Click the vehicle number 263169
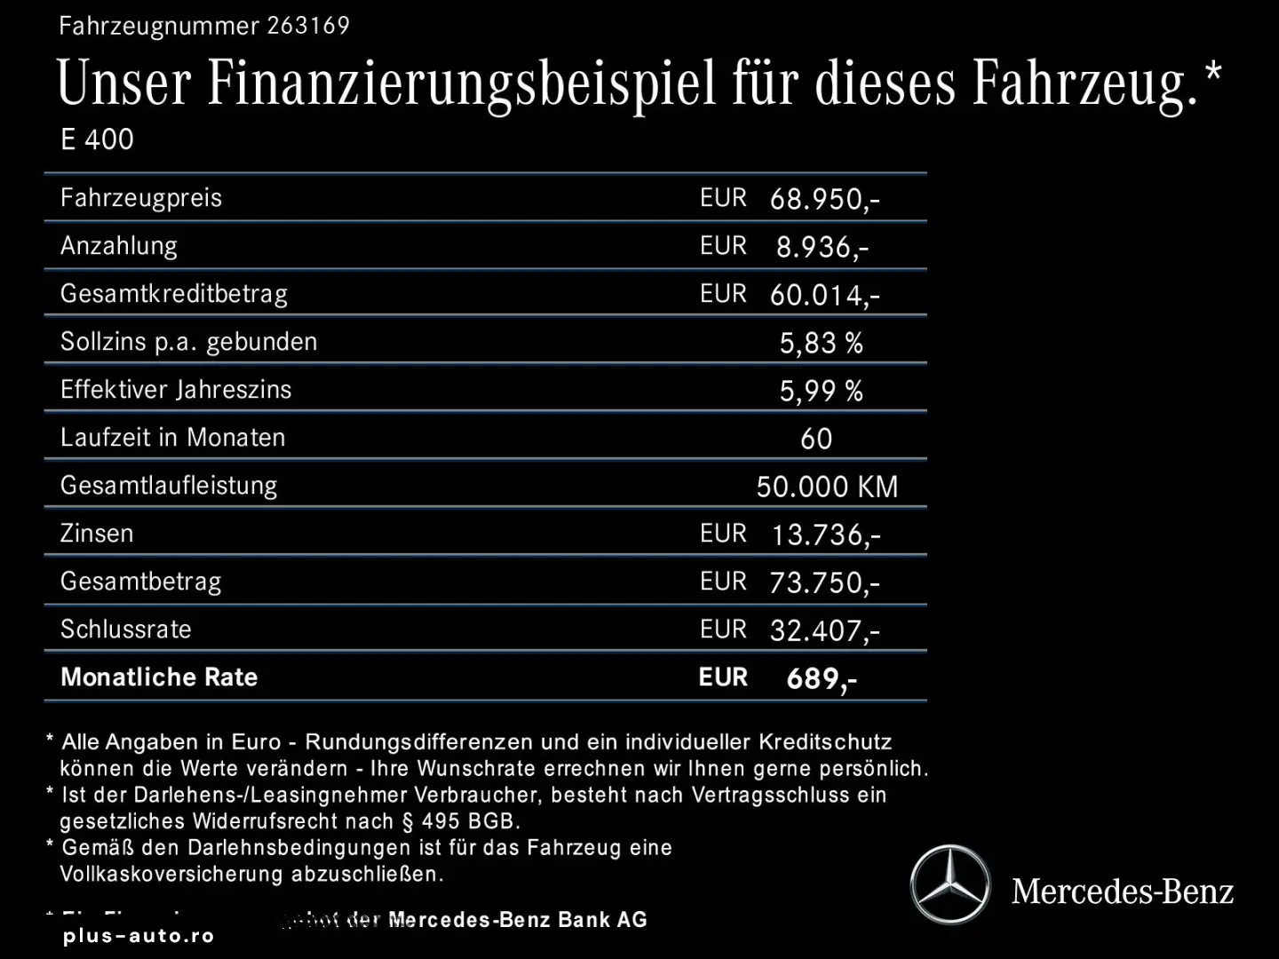[308, 26]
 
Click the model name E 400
[97, 139]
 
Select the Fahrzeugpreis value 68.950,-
[824, 199]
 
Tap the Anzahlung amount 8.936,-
[822, 247]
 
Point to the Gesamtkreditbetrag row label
[174, 294]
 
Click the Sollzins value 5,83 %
[821, 343]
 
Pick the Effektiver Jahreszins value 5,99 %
[821, 391]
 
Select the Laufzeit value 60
[816, 439]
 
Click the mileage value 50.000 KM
[827, 487]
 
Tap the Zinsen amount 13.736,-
[826, 535]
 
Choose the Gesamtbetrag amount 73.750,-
[824, 583]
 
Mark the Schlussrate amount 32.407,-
[824, 630]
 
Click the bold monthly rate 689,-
[822, 679]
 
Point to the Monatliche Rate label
[159, 678]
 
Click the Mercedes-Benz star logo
[950, 884]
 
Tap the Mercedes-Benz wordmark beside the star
[1123, 891]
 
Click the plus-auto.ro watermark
[139, 936]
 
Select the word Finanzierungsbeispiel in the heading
[462, 83]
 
